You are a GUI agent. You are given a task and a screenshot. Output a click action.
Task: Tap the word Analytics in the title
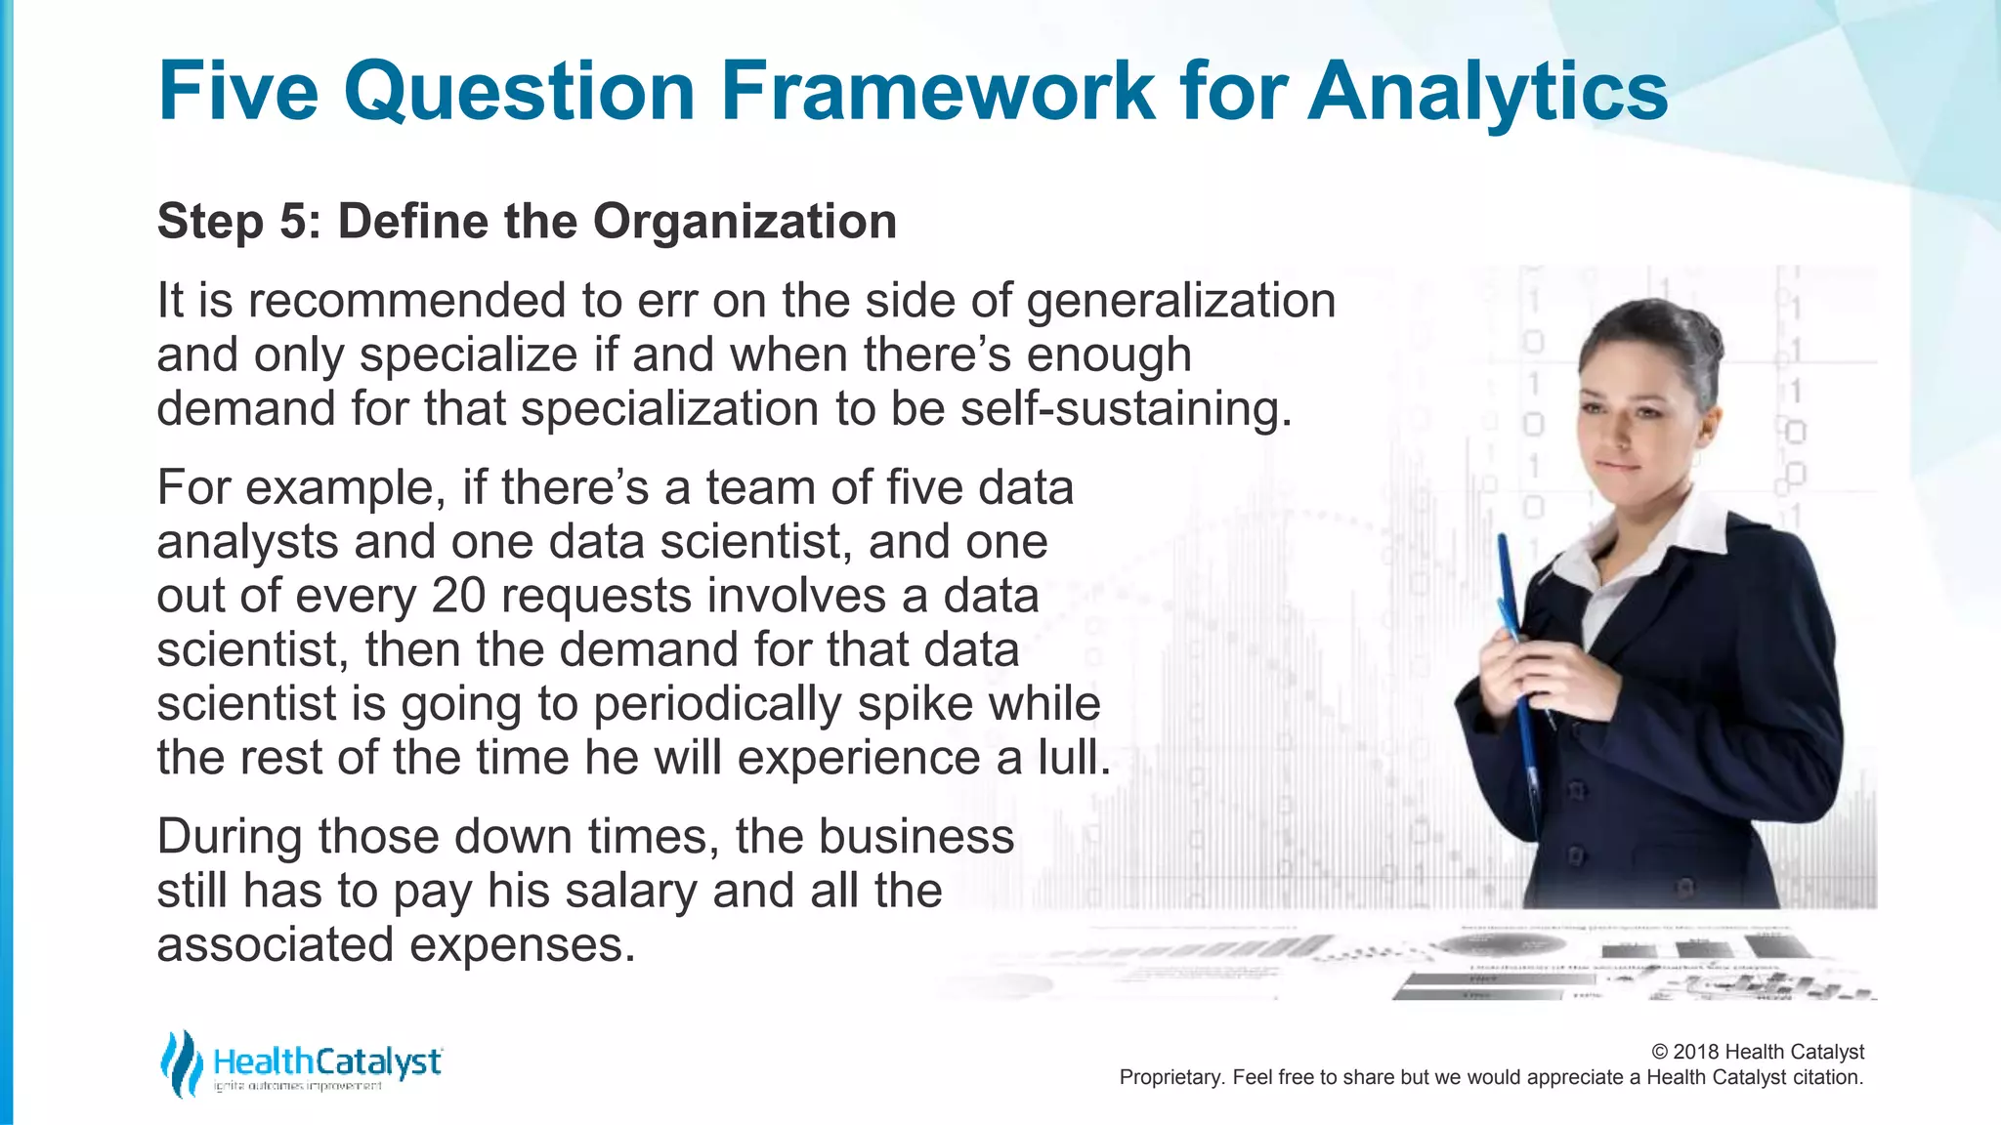coord(1487,93)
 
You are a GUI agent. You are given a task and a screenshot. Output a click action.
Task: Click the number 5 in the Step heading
coord(293,222)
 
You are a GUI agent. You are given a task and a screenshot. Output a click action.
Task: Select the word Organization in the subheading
coord(745,222)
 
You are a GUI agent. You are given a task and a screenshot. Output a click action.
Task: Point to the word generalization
coord(1180,301)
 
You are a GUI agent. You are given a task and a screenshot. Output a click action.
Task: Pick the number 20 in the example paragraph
coord(458,596)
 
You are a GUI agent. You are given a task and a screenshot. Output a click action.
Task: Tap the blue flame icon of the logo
coord(181,1063)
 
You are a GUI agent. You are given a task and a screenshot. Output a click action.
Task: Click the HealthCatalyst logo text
coord(326,1062)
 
